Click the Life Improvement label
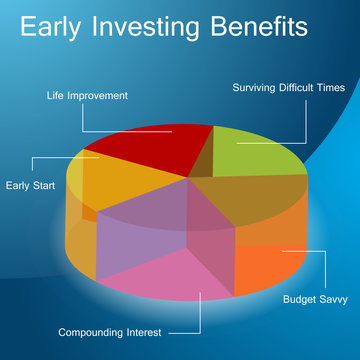tap(87, 96)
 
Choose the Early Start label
tap(30, 185)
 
